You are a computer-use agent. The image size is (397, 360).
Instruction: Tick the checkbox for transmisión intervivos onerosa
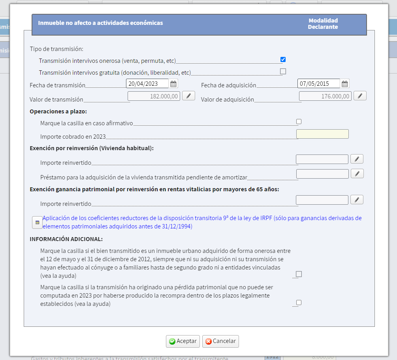coord(283,60)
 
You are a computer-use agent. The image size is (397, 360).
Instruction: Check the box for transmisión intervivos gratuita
coord(283,72)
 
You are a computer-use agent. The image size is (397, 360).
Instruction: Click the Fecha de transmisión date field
coord(147,84)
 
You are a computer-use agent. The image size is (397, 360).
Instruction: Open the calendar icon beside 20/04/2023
coord(173,84)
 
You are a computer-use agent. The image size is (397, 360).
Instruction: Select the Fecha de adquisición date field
coord(318,84)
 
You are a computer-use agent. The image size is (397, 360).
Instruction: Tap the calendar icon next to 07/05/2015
coord(345,84)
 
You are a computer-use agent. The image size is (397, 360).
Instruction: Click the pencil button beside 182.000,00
coord(188,96)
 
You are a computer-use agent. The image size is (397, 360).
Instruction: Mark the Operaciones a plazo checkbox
coord(299,122)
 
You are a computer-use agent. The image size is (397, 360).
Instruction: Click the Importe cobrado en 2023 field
coord(322,134)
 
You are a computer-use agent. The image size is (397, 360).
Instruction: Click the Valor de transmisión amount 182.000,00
coord(154,96)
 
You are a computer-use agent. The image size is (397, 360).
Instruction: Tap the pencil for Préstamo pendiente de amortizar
coord(357,173)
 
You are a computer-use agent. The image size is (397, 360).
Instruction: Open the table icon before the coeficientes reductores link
coord(37,222)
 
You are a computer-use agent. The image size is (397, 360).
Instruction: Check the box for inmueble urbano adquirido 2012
coord(299,274)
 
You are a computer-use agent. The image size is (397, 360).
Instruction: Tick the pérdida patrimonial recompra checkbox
coord(299,303)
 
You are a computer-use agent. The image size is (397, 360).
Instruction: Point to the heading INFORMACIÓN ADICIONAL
coord(66,239)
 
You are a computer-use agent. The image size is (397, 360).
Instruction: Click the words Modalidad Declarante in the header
coord(323,24)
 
